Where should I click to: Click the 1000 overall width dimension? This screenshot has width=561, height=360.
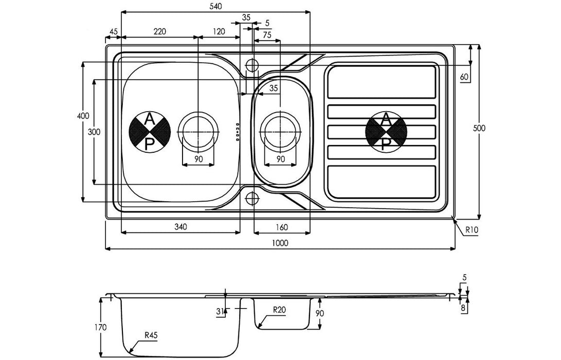coord(280,243)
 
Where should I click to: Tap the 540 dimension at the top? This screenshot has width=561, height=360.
coord(216,6)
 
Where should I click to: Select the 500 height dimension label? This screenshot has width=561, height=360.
coord(479,128)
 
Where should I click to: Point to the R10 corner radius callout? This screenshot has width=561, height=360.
coord(472,230)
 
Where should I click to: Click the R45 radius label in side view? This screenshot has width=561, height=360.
coord(151,335)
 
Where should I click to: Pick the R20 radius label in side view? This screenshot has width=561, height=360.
coord(279,310)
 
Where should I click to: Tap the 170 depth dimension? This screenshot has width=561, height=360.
coord(101,327)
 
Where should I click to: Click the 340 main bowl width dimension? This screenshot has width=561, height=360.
coord(180,227)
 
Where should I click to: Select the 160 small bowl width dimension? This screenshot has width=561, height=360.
coord(282,227)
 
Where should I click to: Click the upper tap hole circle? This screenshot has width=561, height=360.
coord(252,66)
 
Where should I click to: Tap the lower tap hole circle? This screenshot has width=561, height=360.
coord(252,198)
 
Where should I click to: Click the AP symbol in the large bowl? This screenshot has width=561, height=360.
coord(150,132)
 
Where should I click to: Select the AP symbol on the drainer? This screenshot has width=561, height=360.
coord(386,132)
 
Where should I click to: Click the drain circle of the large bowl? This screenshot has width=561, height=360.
coord(198,132)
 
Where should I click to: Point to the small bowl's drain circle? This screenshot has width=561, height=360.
coord(281,132)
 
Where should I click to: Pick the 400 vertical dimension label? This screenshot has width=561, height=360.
coord(83,116)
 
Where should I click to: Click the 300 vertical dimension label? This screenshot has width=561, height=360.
coord(95,132)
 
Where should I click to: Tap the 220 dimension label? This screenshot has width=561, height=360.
coord(159,31)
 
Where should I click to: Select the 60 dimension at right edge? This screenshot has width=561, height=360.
coord(464,77)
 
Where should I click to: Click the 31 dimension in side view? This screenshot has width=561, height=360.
coord(220,311)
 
